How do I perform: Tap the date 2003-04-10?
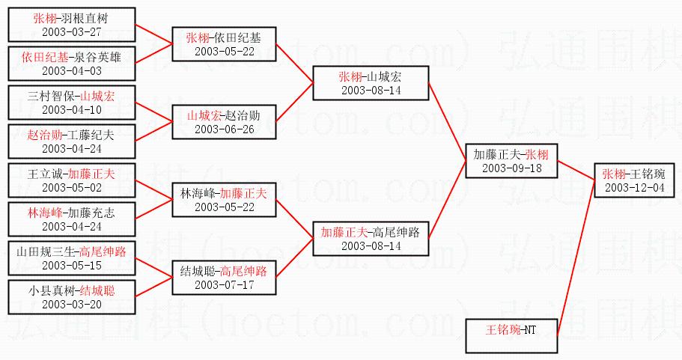click(72, 109)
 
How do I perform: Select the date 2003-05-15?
click(72, 265)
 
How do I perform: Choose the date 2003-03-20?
click(72, 304)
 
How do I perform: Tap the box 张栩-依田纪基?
click(224, 44)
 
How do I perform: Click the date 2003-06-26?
click(224, 129)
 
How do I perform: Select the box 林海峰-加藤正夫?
click(224, 200)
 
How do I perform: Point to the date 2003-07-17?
click(224, 284)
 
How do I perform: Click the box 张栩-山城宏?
click(371, 82)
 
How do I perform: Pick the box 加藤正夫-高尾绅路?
click(371, 238)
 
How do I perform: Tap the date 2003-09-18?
click(513, 168)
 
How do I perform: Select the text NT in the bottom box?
click(529, 329)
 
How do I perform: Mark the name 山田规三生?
click(46, 251)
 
